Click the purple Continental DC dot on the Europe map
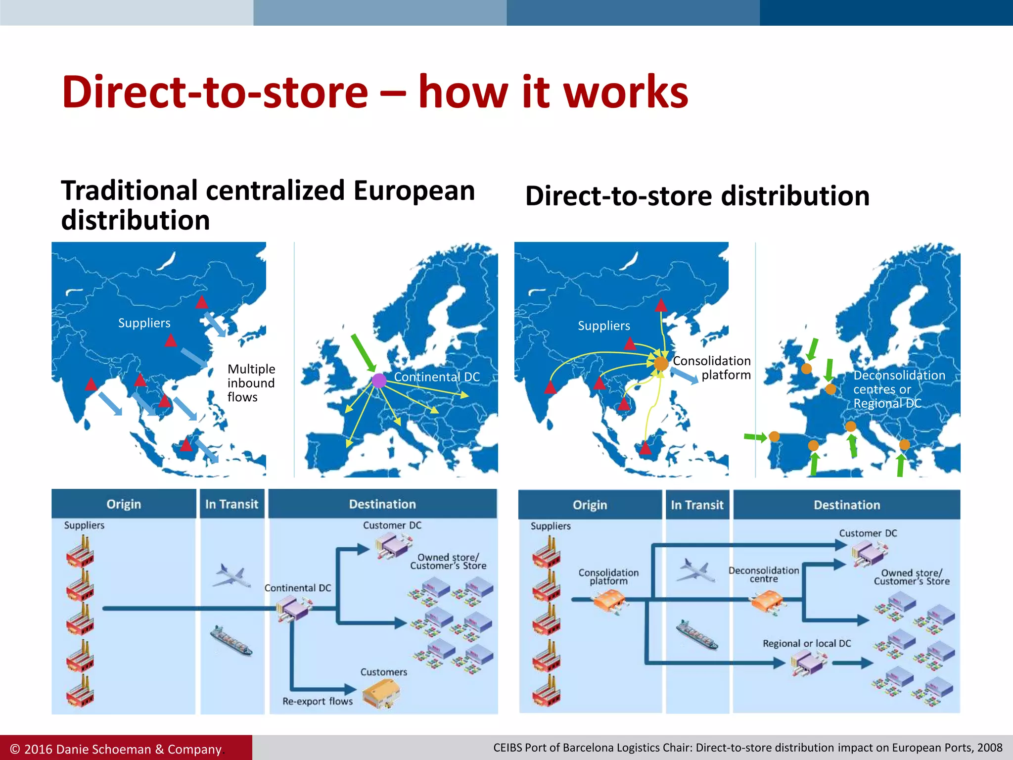pos(379,380)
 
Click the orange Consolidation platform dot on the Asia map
pos(661,364)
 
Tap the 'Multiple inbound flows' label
pos(251,383)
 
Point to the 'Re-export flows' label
pos(318,701)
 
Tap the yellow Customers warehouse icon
pos(380,693)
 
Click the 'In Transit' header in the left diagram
pos(231,504)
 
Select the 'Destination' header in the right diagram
pos(847,505)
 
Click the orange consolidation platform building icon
pos(609,602)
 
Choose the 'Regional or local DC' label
pos(806,643)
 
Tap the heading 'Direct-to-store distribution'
pos(697,196)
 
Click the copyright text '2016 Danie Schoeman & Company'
pos(122,749)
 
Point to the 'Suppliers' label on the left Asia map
pos(144,323)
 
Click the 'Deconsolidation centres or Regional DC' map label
pos(899,389)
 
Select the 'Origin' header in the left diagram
pos(124,504)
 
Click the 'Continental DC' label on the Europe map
pos(437,377)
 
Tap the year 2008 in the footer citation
pos(990,748)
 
